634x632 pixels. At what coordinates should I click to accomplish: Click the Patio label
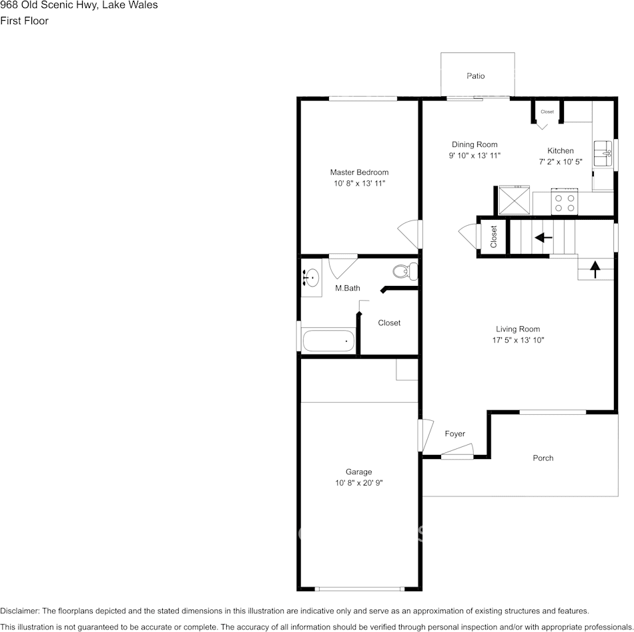(x=475, y=75)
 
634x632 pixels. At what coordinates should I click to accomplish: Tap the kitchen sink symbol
(x=603, y=154)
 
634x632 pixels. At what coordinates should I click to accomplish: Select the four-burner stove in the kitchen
(x=565, y=201)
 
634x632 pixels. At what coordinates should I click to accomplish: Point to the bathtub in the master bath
(x=328, y=341)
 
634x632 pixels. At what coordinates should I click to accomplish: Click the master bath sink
(x=311, y=278)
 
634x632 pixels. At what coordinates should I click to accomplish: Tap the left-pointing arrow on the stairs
(x=543, y=237)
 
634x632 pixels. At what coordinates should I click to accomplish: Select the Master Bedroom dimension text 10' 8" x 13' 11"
(x=360, y=184)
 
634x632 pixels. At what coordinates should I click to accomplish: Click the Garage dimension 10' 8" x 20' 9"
(x=358, y=482)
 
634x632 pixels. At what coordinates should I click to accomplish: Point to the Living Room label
(x=518, y=329)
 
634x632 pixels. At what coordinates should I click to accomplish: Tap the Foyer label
(x=455, y=434)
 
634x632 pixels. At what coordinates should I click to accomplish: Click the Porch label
(x=543, y=458)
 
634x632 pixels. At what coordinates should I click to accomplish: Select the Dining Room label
(x=474, y=144)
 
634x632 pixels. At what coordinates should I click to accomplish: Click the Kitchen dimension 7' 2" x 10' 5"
(x=561, y=162)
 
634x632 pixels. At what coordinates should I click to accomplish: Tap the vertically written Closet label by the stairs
(x=493, y=237)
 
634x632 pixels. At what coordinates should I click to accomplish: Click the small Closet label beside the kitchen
(x=547, y=112)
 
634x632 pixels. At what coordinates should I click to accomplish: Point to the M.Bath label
(x=347, y=288)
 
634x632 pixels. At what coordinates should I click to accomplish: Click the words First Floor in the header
(x=24, y=21)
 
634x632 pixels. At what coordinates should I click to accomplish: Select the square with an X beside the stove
(x=514, y=200)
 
